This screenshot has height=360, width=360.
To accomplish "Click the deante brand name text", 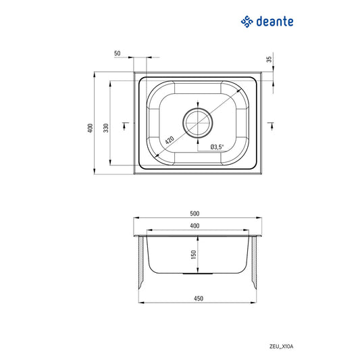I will [275, 22].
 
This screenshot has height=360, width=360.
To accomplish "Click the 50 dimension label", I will [118, 53].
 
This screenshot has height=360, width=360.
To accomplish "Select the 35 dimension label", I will [269, 59].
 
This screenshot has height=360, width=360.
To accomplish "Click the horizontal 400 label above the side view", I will [195, 225].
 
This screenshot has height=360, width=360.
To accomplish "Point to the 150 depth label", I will [193, 255].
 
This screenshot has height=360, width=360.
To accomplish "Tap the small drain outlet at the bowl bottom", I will [197, 274].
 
